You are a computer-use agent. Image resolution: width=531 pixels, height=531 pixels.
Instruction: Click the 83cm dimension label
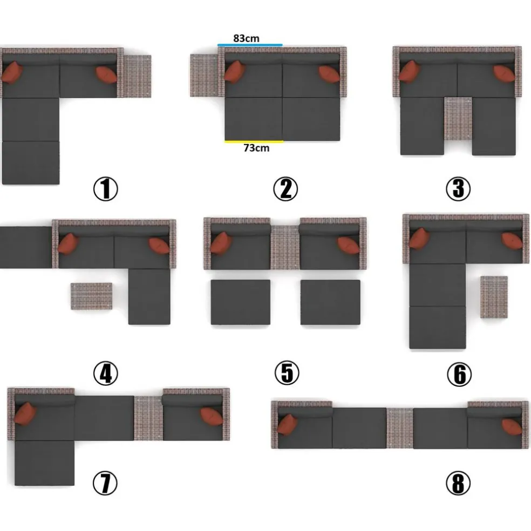[246, 38]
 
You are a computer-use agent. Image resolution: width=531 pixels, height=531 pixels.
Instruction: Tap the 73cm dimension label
[256, 148]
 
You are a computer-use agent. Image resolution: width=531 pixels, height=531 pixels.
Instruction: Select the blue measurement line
[250, 45]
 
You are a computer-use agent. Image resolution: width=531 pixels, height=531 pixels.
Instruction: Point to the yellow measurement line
[254, 141]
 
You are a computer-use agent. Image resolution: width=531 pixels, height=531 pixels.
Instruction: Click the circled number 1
[106, 189]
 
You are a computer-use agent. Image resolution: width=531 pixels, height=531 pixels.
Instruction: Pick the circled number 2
[285, 189]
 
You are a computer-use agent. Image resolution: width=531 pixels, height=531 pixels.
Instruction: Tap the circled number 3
[458, 189]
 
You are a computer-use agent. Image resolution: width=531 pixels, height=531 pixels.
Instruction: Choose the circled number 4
[106, 373]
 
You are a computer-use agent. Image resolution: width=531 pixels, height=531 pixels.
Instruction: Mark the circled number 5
[287, 373]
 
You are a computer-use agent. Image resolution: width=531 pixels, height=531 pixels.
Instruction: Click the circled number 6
[459, 374]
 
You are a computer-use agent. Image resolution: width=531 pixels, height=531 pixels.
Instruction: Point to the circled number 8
[458, 484]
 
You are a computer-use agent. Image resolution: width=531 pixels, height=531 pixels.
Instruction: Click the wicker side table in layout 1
[137, 76]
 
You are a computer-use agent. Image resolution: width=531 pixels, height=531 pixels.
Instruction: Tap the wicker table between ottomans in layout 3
[458, 119]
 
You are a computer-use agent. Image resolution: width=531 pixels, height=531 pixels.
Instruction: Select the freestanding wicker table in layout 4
[91, 296]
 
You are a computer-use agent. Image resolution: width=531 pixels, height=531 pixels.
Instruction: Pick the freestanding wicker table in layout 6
[494, 297]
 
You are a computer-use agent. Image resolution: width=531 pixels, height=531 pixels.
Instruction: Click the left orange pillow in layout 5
[221, 242]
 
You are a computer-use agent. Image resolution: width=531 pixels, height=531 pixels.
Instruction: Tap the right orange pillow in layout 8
[512, 427]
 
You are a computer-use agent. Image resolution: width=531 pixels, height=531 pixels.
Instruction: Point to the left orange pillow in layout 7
[25, 413]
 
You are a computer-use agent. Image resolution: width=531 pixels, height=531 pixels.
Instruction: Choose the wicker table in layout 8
[400, 428]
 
